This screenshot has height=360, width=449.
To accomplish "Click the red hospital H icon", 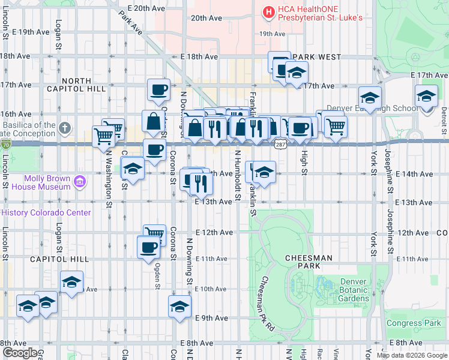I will click(268, 11).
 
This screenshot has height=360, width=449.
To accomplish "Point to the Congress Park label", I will click(413, 323).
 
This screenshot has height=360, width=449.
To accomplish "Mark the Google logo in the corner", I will click(19, 353).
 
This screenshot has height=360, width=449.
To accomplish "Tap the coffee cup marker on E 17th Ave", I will click(158, 89).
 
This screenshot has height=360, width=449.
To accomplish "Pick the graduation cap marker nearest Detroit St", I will click(426, 95).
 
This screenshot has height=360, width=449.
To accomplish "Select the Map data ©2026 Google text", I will click(412, 355).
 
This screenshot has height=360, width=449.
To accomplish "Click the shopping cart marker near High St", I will click(336, 125).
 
